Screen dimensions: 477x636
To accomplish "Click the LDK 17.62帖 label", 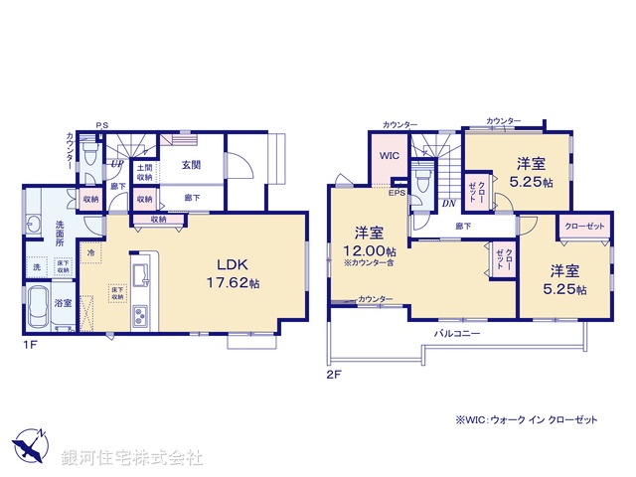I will tap(234, 273).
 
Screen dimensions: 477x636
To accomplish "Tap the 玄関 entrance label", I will tap(191, 166).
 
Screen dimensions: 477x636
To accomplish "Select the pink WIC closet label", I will tap(389, 156).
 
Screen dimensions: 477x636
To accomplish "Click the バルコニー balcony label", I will tap(457, 333).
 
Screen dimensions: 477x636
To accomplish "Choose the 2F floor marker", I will tap(333, 376).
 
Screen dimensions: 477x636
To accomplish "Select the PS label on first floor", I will tap(101, 125).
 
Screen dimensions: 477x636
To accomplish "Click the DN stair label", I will tap(448, 204).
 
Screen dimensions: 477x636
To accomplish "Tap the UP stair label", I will tap(117, 165).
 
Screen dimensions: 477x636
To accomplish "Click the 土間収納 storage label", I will tap(145, 173).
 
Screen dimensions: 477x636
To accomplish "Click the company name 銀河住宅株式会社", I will tap(132, 458).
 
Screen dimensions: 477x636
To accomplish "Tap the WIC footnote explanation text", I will tap(527, 420).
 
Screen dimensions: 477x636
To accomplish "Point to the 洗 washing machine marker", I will tap(37, 267).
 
